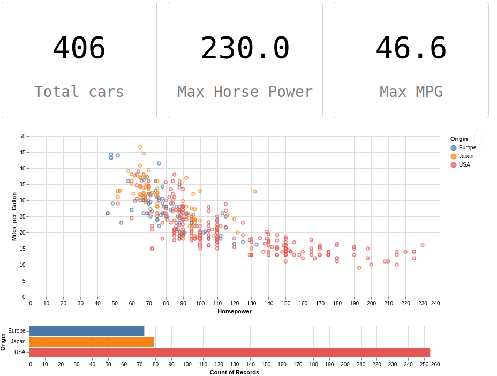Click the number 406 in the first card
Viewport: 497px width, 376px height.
tap(79, 48)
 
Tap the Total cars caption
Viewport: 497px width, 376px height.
tap(79, 92)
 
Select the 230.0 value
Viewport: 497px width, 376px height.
tap(245, 48)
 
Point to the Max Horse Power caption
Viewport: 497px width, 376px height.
tap(245, 92)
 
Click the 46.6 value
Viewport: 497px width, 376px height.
tap(411, 48)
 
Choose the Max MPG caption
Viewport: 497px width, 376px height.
tap(411, 92)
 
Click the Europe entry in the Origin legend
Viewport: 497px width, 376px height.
tap(463, 147)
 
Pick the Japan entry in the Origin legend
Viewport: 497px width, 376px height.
tap(462, 156)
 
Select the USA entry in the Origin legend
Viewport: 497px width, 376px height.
tap(461, 164)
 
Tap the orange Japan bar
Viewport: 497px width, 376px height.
tap(92, 342)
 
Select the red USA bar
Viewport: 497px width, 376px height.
tap(230, 352)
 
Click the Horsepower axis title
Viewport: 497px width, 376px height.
tap(235, 311)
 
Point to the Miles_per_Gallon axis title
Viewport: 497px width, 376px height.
tap(14, 216)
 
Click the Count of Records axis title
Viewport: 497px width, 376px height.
tap(235, 372)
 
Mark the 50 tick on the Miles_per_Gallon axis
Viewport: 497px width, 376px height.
tap(22, 137)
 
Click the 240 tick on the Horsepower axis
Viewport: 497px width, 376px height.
tap(435, 304)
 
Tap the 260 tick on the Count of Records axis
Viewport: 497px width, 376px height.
tap(435, 365)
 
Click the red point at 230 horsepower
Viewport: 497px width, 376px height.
tap(423, 245)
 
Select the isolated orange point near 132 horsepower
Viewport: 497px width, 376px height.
tap(255, 191)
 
